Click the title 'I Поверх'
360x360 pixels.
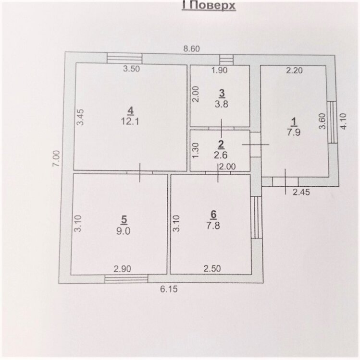pyautogui.click(x=209, y=6)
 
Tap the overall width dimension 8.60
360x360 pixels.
pyautogui.click(x=191, y=49)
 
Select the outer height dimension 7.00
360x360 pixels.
pyautogui.click(x=57, y=158)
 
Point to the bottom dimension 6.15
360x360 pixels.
pyautogui.click(x=169, y=289)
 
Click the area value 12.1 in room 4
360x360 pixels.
pyautogui.click(x=130, y=121)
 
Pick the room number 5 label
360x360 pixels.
pyautogui.click(x=124, y=220)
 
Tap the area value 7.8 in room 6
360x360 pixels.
pyautogui.click(x=213, y=226)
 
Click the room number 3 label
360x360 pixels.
pyautogui.click(x=222, y=94)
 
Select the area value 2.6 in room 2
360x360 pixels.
pyautogui.click(x=221, y=155)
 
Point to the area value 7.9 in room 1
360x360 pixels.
pyautogui.click(x=294, y=132)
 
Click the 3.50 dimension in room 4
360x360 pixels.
pyautogui.click(x=132, y=69)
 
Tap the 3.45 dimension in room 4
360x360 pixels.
pyautogui.click(x=80, y=117)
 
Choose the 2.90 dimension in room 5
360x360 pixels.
pyautogui.click(x=123, y=269)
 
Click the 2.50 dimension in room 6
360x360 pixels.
pyautogui.click(x=212, y=268)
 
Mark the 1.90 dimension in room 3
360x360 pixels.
pyautogui.click(x=219, y=70)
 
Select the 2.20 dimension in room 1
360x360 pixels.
pyautogui.click(x=294, y=70)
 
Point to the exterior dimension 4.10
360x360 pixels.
pyautogui.click(x=343, y=121)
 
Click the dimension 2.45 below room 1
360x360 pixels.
pyautogui.click(x=301, y=192)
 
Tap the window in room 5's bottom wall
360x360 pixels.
pyautogui.click(x=126, y=278)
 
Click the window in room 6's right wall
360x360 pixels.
pyautogui.click(x=256, y=217)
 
